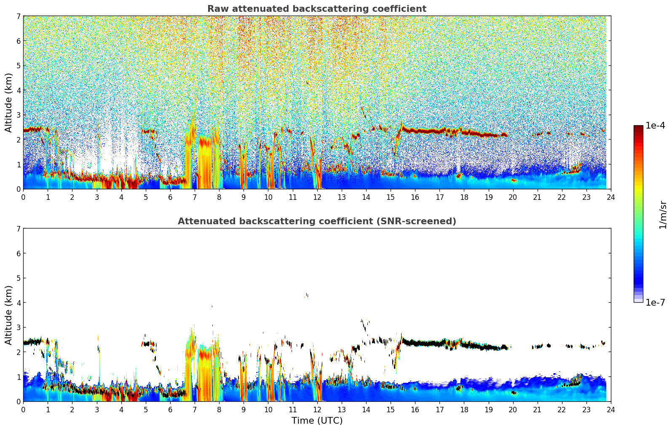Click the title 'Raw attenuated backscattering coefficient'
click(316, 9)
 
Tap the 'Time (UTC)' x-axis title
click(317, 421)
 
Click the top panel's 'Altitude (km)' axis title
click(8, 102)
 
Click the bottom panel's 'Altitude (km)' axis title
click(8, 315)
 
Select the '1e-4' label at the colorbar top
click(655, 126)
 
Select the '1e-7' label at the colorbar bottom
click(655, 303)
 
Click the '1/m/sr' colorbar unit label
click(663, 215)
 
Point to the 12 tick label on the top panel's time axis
click(317, 197)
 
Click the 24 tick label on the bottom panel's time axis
click(610, 409)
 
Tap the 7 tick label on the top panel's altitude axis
click(18, 16)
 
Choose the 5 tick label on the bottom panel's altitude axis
click(18, 278)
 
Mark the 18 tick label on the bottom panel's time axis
click(464, 409)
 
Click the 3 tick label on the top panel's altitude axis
click(18, 115)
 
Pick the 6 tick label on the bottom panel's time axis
click(170, 409)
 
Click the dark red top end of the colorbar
click(638, 127)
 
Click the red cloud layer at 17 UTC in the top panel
click(439, 131)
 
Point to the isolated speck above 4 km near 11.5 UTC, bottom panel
click(306, 295)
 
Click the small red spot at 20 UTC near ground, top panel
click(513, 180)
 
